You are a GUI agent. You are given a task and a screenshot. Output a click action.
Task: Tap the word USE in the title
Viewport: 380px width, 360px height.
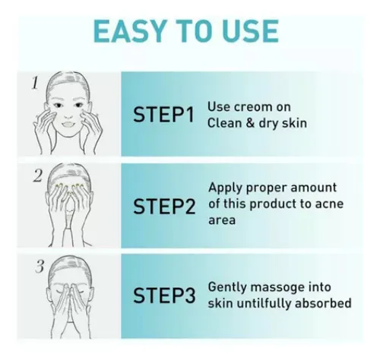click(244, 30)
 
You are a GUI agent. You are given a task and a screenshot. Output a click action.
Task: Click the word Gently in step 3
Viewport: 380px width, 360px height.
click(227, 288)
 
